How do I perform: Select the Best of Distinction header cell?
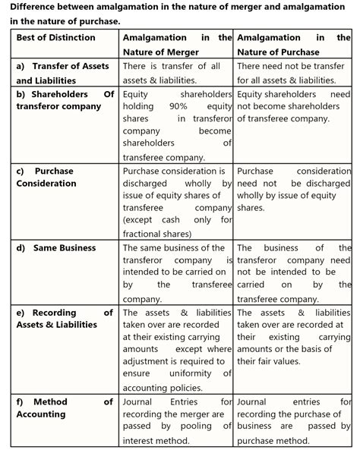click(x=56, y=37)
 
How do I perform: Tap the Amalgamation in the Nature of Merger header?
click(x=177, y=44)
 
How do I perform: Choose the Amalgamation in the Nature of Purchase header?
click(x=293, y=44)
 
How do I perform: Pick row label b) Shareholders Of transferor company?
click(x=64, y=100)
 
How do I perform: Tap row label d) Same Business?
click(x=56, y=248)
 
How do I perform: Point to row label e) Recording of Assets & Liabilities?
click(x=64, y=319)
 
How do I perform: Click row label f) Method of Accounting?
click(x=64, y=408)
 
